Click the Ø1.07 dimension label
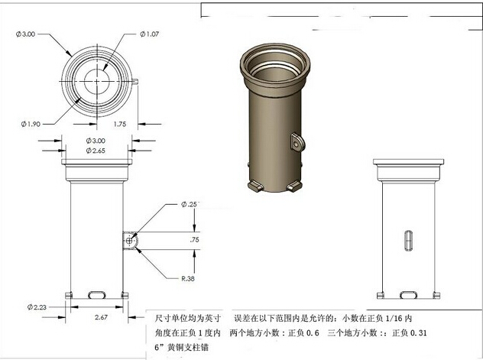click(149, 34)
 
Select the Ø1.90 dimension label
click(31, 124)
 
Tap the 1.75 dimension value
click(120, 124)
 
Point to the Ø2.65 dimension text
click(96, 151)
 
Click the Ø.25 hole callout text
click(189, 204)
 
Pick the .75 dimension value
click(194, 239)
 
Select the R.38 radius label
click(188, 279)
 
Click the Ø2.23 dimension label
click(37, 307)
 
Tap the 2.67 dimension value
click(101, 317)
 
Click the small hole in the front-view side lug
click(129, 241)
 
